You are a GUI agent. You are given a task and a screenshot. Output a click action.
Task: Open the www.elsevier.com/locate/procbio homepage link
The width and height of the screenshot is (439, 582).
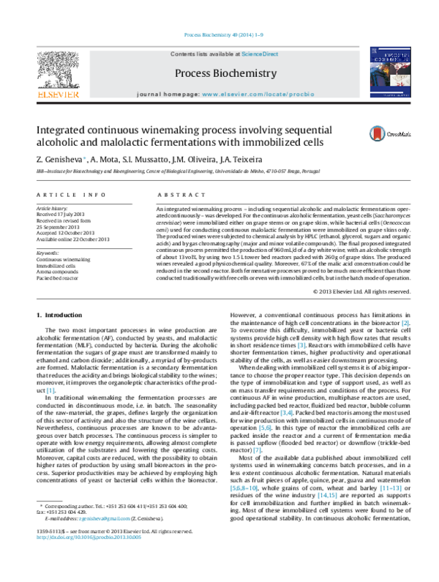(x=252, y=95)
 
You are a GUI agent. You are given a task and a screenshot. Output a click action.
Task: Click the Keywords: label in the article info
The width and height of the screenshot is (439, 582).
(x=48, y=253)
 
